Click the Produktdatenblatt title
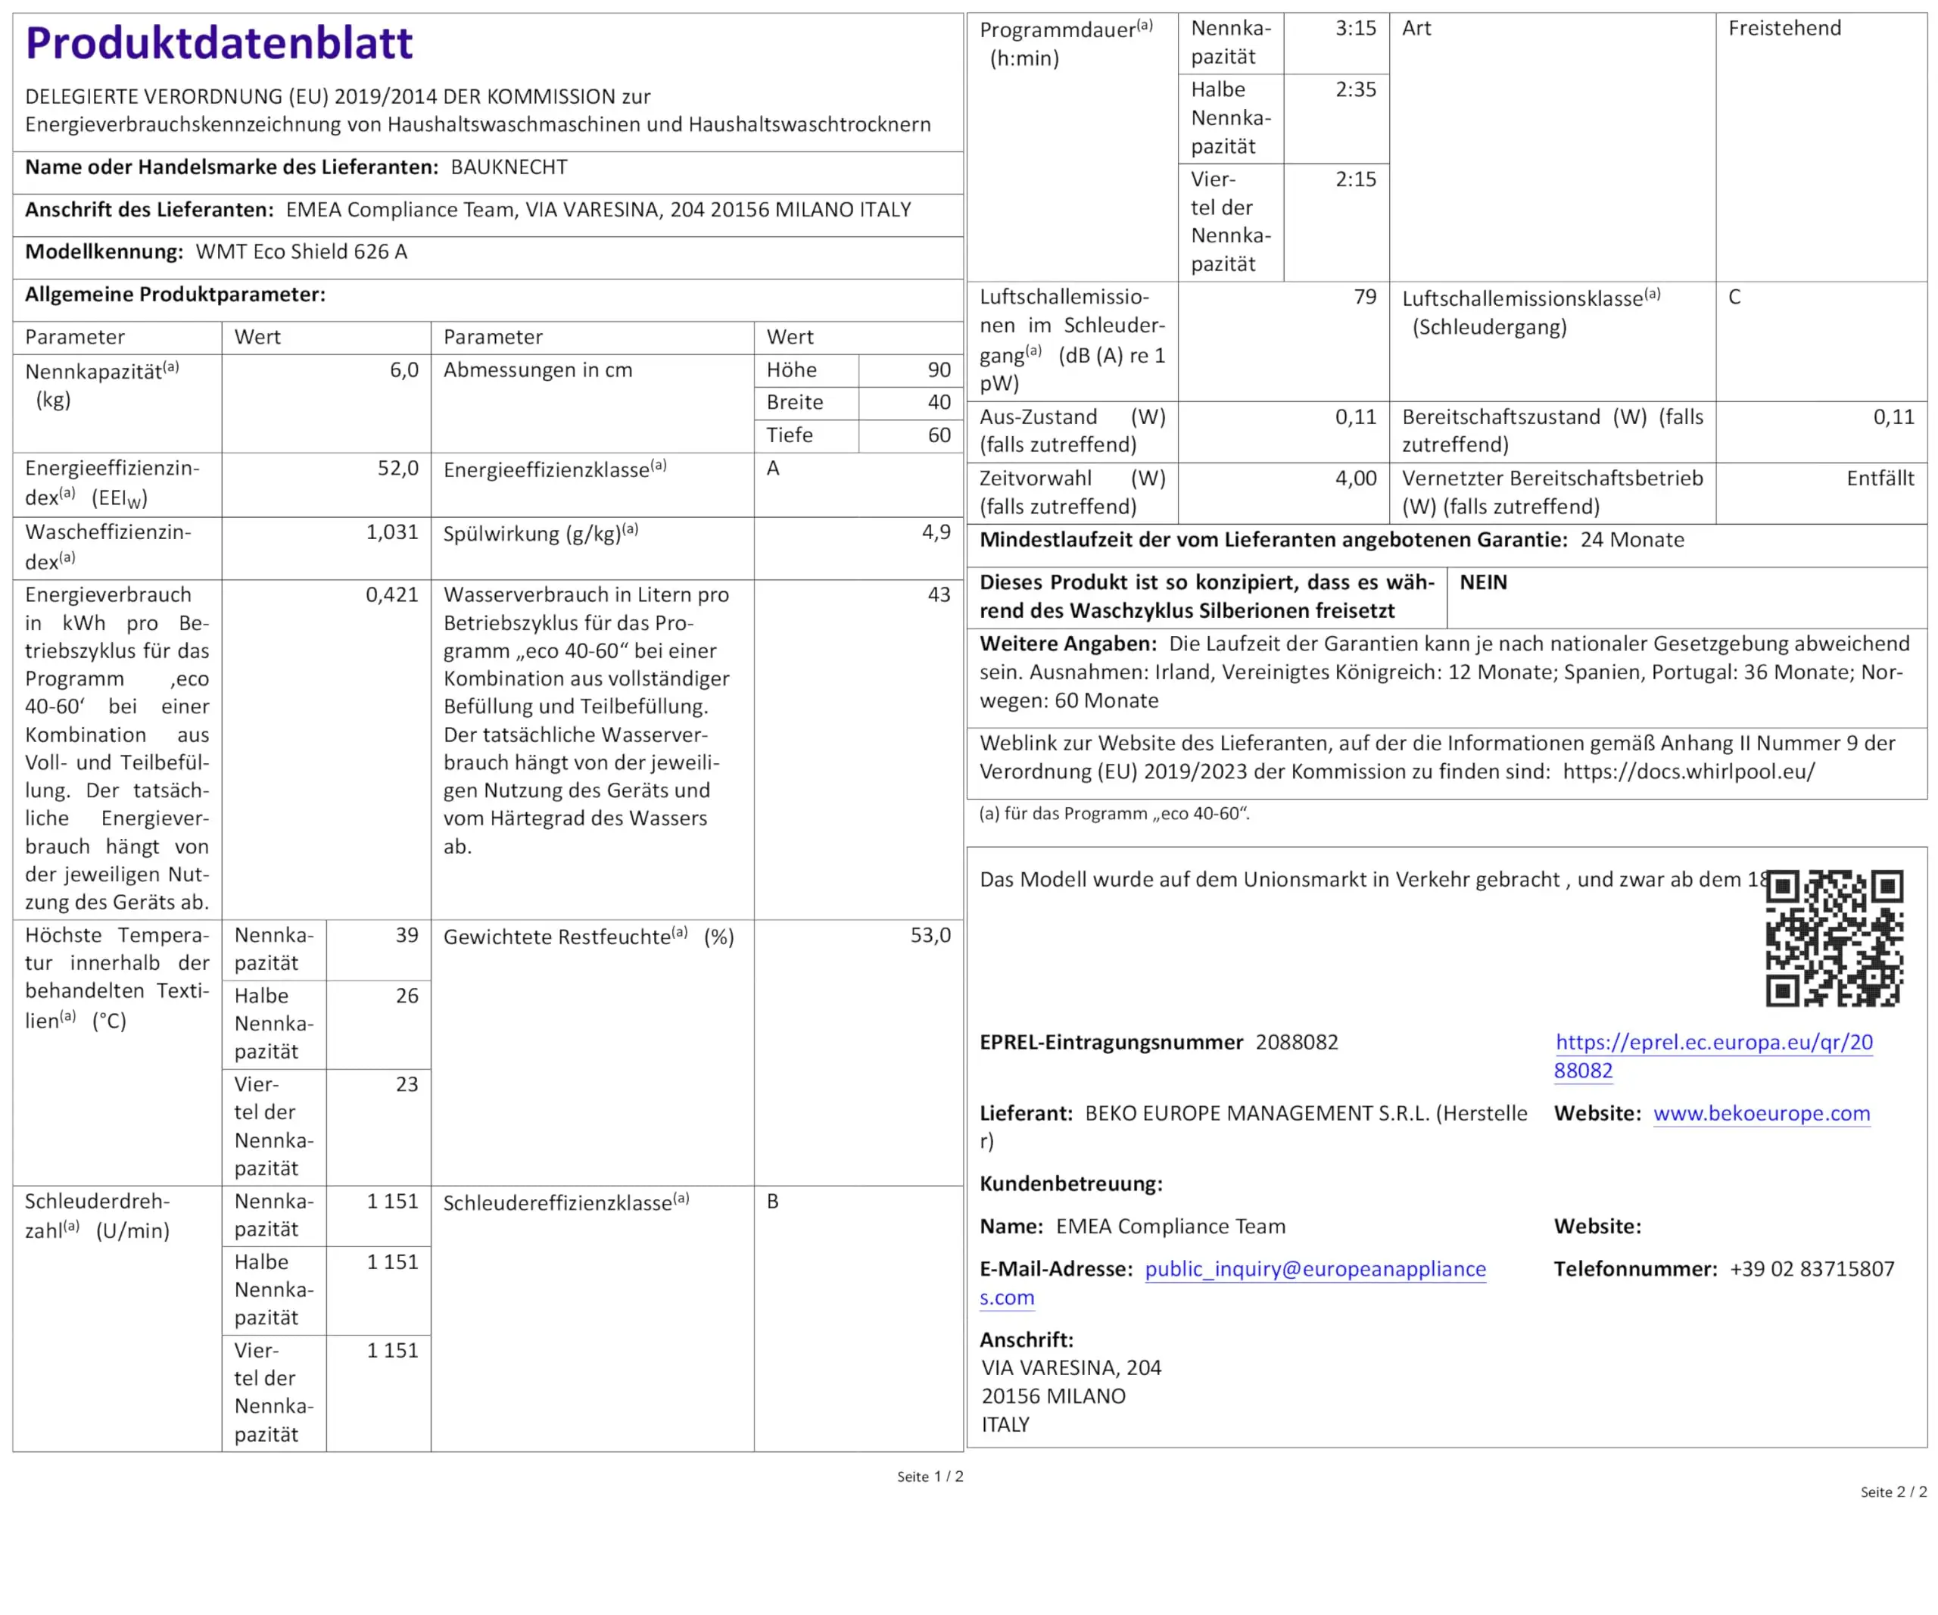(x=219, y=42)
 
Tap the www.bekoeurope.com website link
(x=1761, y=1113)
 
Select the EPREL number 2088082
(x=1297, y=1042)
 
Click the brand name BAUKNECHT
(x=509, y=167)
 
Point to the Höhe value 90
(x=939, y=370)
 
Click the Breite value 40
(x=939, y=402)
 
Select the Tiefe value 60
(x=939, y=435)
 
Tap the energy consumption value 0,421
(x=391, y=594)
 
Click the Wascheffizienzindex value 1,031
(x=391, y=532)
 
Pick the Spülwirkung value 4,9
(x=936, y=532)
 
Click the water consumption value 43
(x=939, y=594)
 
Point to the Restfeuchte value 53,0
(x=930, y=935)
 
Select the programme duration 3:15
(x=1355, y=29)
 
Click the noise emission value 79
(x=1365, y=297)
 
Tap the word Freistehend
(x=1784, y=29)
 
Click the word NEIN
(x=1483, y=582)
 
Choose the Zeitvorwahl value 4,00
(x=1355, y=478)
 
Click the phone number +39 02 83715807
(x=1812, y=1269)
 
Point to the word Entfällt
(x=1880, y=478)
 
